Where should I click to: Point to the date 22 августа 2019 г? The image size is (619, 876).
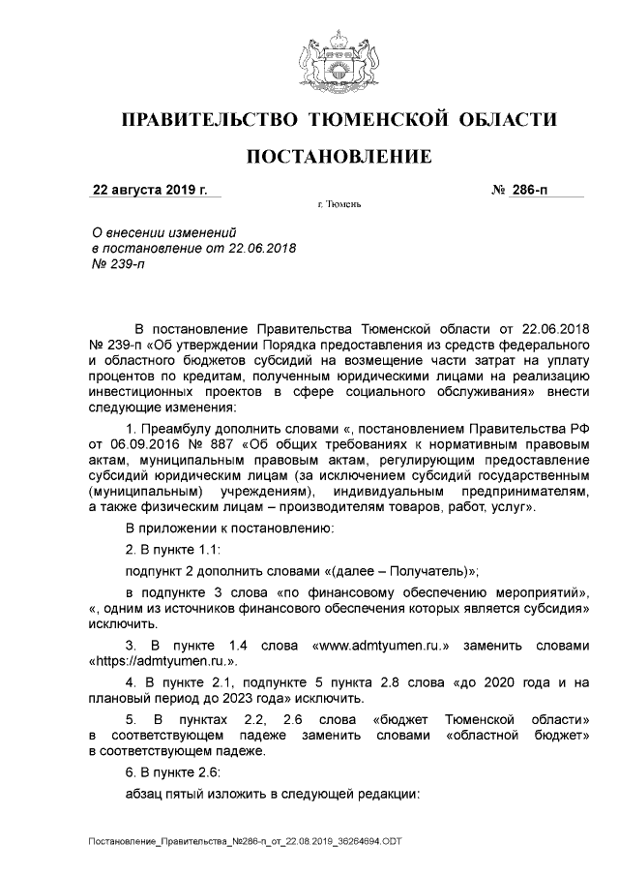tap(150, 190)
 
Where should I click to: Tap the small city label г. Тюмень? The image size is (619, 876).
tap(339, 206)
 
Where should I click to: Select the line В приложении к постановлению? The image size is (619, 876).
tap(230, 529)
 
